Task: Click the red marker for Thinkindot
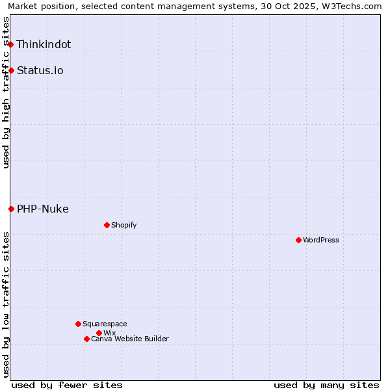point(11,44)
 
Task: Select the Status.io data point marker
point(11,70)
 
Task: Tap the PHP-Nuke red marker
point(11,209)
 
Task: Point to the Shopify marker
point(107,225)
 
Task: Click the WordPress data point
point(298,240)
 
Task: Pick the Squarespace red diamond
point(78,324)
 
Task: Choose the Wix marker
point(99,333)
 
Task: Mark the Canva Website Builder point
point(86,339)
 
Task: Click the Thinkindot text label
point(44,44)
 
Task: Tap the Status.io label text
point(40,70)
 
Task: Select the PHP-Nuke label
point(43,209)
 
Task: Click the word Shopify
point(123,225)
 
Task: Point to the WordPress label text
point(321,240)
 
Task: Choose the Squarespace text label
point(105,324)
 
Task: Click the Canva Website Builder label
point(130,339)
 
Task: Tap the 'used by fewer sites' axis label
point(67,385)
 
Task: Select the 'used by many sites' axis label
point(326,385)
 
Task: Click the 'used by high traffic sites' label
point(6,92)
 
